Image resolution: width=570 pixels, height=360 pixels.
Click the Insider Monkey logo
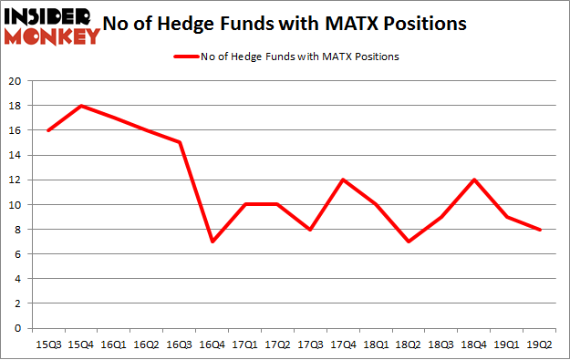pos(52,26)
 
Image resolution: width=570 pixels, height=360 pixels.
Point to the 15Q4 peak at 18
pos(82,106)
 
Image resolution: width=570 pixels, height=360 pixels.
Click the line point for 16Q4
pos(212,242)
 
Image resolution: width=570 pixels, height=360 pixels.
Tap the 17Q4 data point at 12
pos(343,180)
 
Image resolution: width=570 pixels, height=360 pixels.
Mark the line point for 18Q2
pos(408,242)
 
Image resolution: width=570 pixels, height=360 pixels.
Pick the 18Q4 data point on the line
pos(473,180)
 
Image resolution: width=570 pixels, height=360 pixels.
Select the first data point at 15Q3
pos(49,130)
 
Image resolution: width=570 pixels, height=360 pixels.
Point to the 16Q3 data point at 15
pos(180,142)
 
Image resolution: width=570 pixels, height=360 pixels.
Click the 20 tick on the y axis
pos(16,81)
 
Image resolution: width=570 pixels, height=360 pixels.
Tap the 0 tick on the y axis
pos(19,328)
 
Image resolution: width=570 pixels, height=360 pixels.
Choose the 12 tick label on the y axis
pos(16,180)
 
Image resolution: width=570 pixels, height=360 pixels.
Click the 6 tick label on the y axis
pos(19,254)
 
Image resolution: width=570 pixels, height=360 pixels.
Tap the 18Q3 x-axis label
pos(440,344)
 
